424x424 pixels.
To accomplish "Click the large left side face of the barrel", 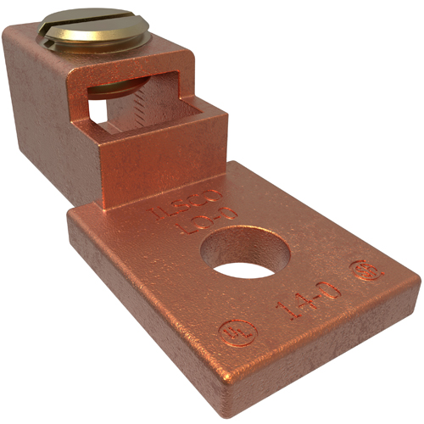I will [x=38, y=110].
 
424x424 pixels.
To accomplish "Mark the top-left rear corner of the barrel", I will [x=7, y=30].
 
